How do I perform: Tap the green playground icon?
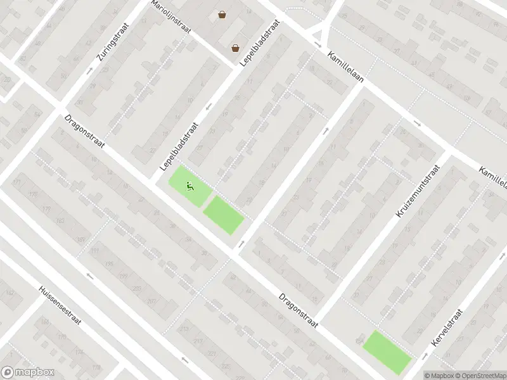pyautogui.click(x=189, y=186)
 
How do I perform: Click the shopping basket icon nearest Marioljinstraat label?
pyautogui.click(x=222, y=15)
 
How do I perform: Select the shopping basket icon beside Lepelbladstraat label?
pyautogui.click(x=235, y=47)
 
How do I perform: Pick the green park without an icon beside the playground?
pyautogui.click(x=223, y=215)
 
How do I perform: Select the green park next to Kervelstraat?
pyautogui.click(x=387, y=352)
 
